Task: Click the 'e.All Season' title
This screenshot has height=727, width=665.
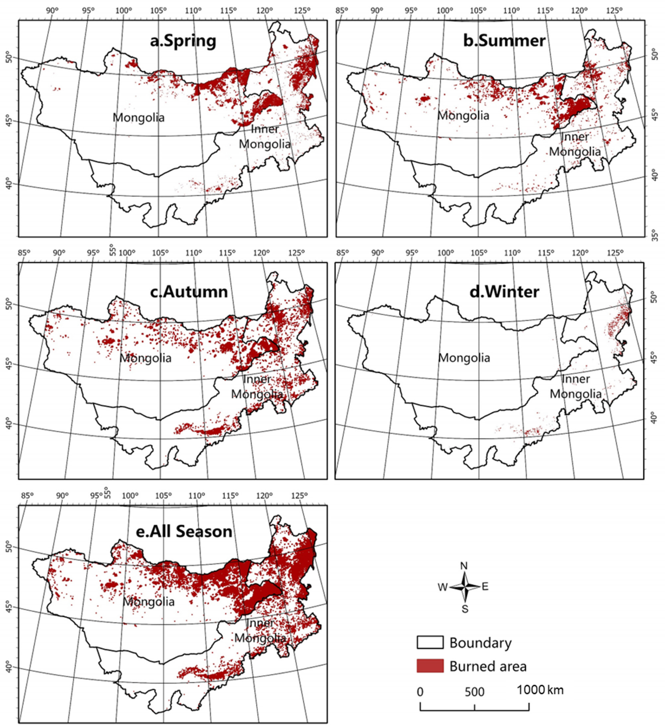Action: tap(184, 531)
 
